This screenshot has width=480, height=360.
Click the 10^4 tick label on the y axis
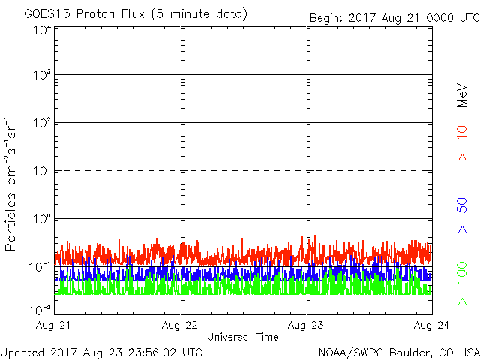pos(42,30)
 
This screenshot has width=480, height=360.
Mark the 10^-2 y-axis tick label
pos(40,309)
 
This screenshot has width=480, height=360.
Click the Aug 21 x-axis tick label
pos(57,325)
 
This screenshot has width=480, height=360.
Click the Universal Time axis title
pos(242,337)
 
